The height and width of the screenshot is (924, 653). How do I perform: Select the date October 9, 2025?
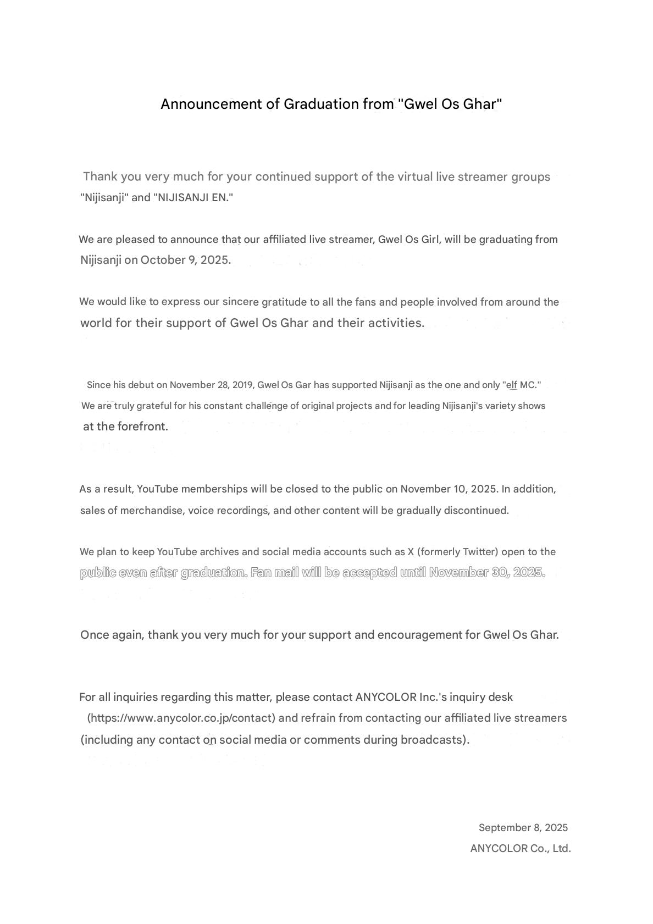point(185,260)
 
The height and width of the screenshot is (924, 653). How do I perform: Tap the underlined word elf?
point(512,385)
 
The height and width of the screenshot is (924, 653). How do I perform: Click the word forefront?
point(142,427)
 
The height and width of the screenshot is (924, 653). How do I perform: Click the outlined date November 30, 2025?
point(486,573)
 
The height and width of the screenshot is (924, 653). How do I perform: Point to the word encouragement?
point(419,635)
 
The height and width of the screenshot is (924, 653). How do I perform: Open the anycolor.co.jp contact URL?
point(181,718)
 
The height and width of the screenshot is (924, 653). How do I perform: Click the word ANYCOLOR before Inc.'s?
point(386,698)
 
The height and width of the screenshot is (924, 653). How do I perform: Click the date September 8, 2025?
point(523,828)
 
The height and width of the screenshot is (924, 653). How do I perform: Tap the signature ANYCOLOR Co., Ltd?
point(520,849)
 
